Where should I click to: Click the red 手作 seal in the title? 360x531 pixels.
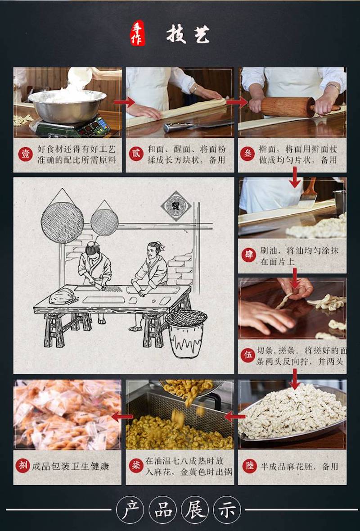point(138,33)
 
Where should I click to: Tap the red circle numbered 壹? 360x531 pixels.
point(25,155)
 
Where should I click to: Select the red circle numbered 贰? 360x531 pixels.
point(136,154)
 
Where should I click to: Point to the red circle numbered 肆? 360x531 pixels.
point(248,255)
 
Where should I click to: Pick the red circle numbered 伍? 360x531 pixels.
point(247,356)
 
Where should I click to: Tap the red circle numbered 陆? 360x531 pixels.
point(249,466)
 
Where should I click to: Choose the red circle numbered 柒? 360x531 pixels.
point(136,466)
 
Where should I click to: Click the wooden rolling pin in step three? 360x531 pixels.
point(294,107)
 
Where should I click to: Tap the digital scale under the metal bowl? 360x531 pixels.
point(73,126)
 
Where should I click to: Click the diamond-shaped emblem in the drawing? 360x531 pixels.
point(176,206)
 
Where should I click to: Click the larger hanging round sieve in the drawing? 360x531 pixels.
point(62,222)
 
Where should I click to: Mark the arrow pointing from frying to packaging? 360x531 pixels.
point(122,417)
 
